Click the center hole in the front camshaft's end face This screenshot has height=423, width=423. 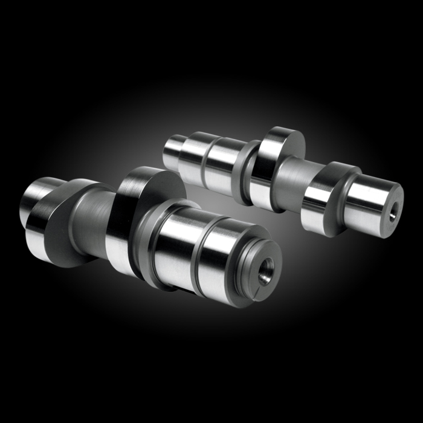[x=265, y=268]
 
